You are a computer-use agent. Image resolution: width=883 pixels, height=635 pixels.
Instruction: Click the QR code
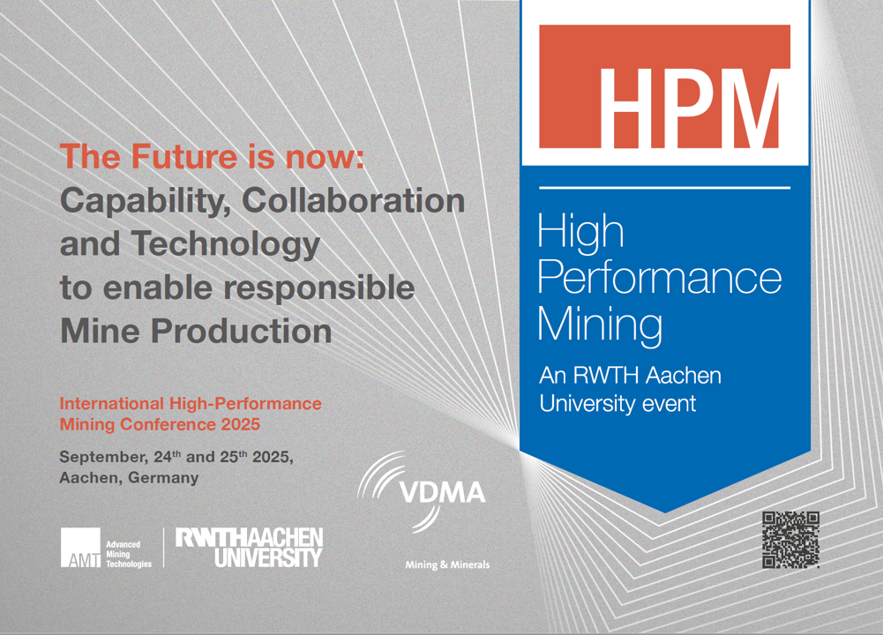click(790, 540)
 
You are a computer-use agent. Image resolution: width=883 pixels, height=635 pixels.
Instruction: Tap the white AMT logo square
click(80, 547)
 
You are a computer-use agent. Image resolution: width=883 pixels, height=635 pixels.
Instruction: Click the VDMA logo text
click(442, 493)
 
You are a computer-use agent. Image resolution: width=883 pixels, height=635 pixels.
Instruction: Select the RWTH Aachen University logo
click(249, 547)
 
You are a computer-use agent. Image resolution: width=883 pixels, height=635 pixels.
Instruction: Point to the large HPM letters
click(690, 108)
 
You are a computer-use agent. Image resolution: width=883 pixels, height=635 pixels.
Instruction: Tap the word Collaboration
click(354, 200)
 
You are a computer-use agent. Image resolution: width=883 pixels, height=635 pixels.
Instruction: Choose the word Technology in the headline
click(226, 245)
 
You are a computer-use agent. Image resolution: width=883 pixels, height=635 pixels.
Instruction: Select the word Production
click(242, 331)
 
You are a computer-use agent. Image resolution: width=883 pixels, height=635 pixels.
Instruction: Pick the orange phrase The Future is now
click(212, 156)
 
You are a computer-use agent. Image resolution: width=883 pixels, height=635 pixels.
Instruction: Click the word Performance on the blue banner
click(660, 278)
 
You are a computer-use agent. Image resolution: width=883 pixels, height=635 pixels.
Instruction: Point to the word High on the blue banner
click(580, 231)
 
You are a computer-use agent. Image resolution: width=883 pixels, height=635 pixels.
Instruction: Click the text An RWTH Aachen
click(630, 376)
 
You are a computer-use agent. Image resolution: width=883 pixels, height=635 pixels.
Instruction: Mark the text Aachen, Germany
click(129, 478)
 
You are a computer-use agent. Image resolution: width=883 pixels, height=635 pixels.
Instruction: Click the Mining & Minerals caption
click(447, 564)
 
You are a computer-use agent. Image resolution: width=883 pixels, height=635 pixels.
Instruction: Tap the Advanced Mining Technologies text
click(129, 554)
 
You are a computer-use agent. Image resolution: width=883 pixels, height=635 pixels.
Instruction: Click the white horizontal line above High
click(664, 188)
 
